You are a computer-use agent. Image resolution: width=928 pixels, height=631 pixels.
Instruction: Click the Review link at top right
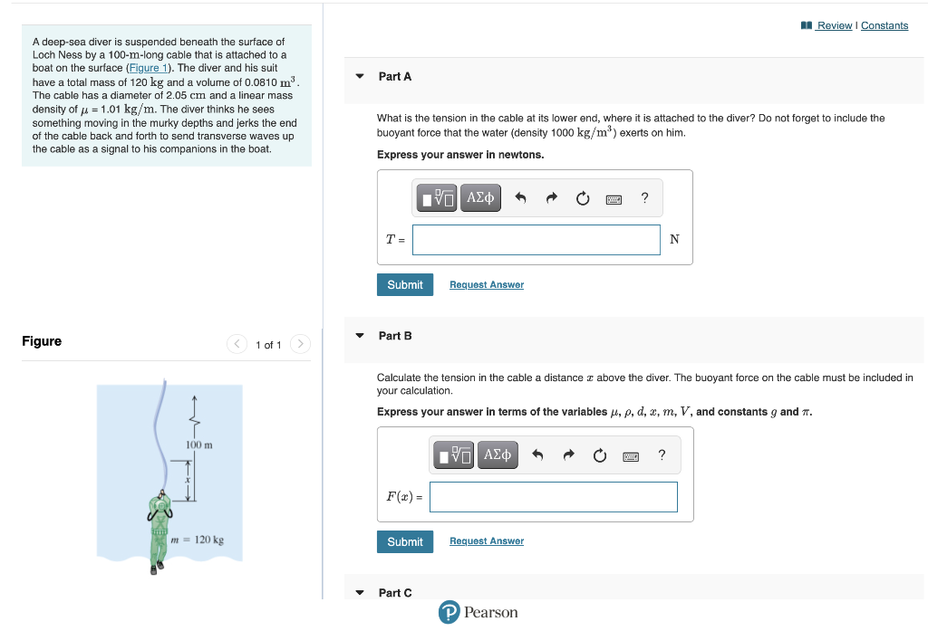833,25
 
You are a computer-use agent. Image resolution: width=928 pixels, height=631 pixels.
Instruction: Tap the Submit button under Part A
404,284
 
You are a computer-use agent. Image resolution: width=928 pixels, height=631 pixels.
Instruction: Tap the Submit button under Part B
404,541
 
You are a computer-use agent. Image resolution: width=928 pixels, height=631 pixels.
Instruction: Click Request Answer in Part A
486,285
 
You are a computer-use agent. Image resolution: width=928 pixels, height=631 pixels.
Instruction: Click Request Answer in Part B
486,541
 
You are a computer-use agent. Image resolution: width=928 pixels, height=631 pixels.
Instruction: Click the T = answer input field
536,240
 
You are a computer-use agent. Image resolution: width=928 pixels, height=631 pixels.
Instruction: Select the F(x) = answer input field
553,497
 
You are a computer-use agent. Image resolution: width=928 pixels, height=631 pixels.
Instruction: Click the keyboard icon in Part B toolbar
631,456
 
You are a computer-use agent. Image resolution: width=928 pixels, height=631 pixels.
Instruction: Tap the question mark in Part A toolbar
644,198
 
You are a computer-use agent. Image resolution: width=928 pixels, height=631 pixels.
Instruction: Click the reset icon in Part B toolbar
599,456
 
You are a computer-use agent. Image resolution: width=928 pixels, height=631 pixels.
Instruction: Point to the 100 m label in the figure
198,445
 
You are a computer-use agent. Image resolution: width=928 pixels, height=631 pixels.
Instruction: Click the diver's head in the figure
160,499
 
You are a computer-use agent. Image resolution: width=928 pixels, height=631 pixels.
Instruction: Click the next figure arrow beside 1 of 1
301,344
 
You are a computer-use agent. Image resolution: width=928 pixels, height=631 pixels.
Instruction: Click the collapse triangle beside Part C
360,593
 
